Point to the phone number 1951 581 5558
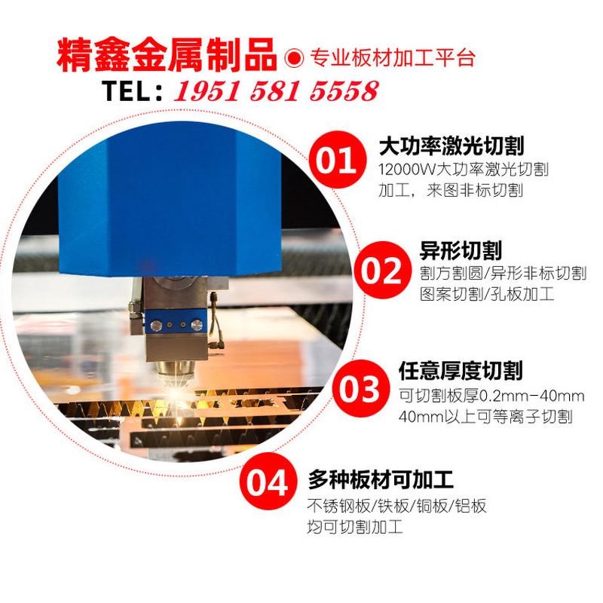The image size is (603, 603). (x=276, y=92)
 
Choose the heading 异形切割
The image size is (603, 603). (x=460, y=250)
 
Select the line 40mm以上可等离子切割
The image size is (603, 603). (x=485, y=416)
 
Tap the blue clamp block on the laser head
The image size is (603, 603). (x=175, y=325)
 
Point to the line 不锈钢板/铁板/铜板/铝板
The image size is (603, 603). (x=396, y=505)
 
